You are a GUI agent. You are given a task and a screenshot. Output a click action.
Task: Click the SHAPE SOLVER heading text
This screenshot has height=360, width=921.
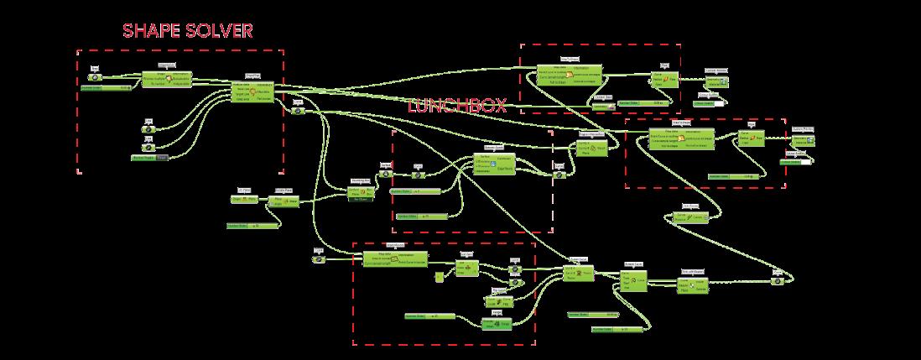(x=187, y=31)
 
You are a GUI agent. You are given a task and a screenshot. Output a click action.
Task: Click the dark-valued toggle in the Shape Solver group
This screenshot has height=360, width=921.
(x=162, y=157)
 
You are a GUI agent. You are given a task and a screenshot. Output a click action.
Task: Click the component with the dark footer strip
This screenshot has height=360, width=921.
(x=361, y=194)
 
